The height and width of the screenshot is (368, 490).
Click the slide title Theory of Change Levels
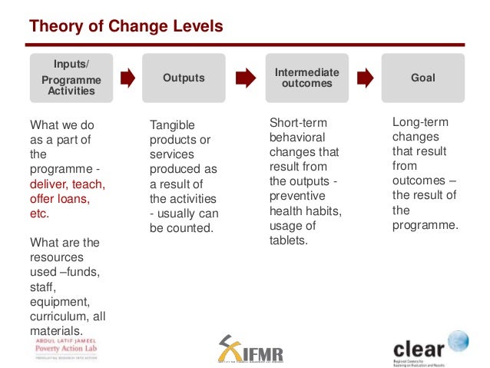click(x=126, y=27)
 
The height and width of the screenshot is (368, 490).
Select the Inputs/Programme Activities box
click(x=71, y=78)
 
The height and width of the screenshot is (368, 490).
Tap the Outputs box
click(x=184, y=78)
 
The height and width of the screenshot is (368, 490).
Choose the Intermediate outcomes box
click(x=306, y=78)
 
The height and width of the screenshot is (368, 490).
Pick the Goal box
click(x=422, y=78)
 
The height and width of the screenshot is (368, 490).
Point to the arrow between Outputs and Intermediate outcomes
click(x=245, y=78)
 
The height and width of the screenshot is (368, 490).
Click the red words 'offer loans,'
click(x=59, y=198)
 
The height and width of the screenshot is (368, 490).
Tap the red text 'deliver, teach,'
click(x=67, y=184)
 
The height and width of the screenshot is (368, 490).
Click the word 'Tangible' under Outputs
click(x=172, y=125)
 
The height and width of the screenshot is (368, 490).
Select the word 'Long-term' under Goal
click(x=420, y=122)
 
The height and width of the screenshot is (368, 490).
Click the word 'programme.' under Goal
click(x=425, y=225)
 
